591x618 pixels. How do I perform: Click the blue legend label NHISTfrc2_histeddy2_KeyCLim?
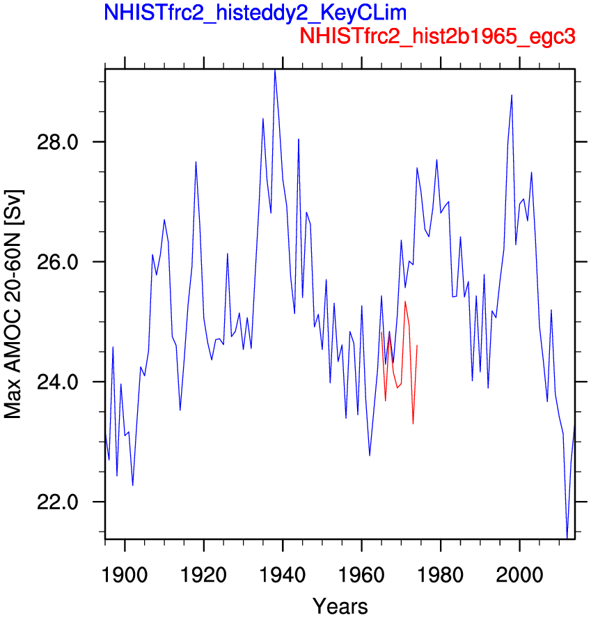255,13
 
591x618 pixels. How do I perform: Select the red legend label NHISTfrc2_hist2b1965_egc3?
437,36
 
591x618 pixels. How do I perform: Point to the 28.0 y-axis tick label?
57,142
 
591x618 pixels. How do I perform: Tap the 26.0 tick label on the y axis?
57,262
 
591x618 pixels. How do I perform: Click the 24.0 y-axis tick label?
57,382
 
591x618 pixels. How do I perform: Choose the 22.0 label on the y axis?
57,502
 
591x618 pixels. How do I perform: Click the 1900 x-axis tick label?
125,575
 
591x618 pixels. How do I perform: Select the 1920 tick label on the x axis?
203,575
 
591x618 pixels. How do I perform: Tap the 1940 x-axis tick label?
283,575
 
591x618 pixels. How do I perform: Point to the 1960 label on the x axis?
361,575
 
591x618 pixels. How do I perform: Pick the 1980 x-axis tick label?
441,575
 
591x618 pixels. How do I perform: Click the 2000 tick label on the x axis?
520,575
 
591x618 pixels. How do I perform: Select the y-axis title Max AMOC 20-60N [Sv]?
13,304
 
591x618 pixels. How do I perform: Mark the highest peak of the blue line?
275,70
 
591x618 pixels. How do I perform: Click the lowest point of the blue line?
567,538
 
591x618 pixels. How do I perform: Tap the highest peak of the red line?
405,302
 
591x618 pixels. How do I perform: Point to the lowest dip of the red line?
413,424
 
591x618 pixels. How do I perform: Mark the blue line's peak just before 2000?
512,95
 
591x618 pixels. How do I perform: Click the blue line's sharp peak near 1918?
196,162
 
